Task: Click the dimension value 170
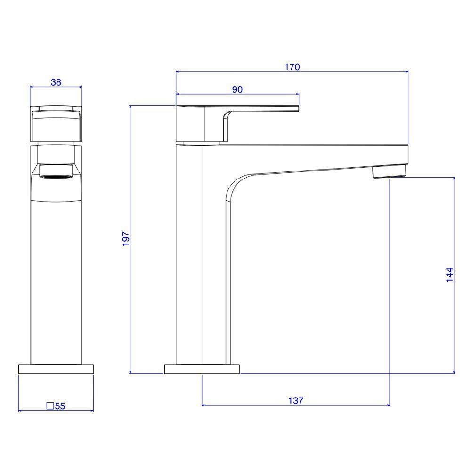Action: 292,67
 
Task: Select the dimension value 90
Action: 237,89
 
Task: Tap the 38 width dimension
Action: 56,82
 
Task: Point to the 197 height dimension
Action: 126,239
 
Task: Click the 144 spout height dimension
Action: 449,275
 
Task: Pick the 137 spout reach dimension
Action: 296,400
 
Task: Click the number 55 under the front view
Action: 60,406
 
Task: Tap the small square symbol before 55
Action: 50,406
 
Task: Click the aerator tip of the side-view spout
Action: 390,171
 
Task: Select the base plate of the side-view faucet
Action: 202,369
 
